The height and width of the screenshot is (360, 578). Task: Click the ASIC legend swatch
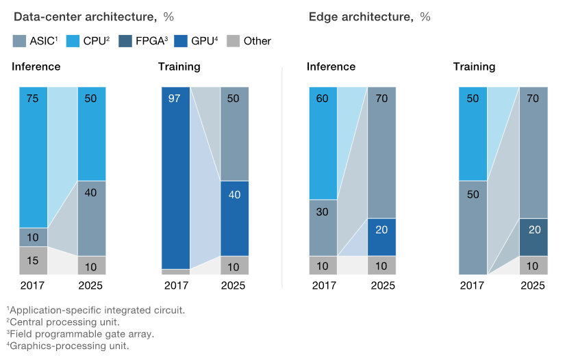(x=20, y=41)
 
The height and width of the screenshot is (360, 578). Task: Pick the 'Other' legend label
(x=257, y=41)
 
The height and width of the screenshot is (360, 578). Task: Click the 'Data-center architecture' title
(x=81, y=16)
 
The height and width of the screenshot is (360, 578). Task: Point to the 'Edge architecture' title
(x=362, y=16)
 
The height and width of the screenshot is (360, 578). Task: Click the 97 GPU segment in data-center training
(x=176, y=178)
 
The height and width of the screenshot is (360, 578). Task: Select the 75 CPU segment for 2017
(x=33, y=157)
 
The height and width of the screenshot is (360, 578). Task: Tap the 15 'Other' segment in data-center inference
(x=33, y=260)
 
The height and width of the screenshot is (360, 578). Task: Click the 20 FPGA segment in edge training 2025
(x=534, y=237)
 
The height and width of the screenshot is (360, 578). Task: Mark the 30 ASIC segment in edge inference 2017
(x=323, y=227)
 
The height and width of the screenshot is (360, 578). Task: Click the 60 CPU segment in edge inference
(x=323, y=143)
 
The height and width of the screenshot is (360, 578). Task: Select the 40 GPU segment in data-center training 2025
(x=234, y=218)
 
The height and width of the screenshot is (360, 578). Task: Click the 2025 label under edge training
(x=533, y=285)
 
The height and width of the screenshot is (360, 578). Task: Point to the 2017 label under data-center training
(x=176, y=285)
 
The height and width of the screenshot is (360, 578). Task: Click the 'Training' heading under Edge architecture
(x=474, y=67)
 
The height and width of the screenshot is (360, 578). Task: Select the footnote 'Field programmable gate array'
(x=81, y=334)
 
